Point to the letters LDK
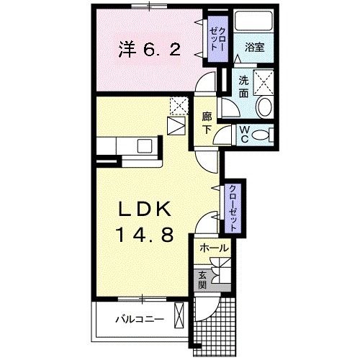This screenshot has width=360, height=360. click(x=145, y=209)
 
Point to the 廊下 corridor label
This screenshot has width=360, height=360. click(x=207, y=122)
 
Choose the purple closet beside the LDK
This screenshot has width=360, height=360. click(x=234, y=207)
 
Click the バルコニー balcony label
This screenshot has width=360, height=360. click(x=140, y=319)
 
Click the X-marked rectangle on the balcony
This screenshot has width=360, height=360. click(x=179, y=318)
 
